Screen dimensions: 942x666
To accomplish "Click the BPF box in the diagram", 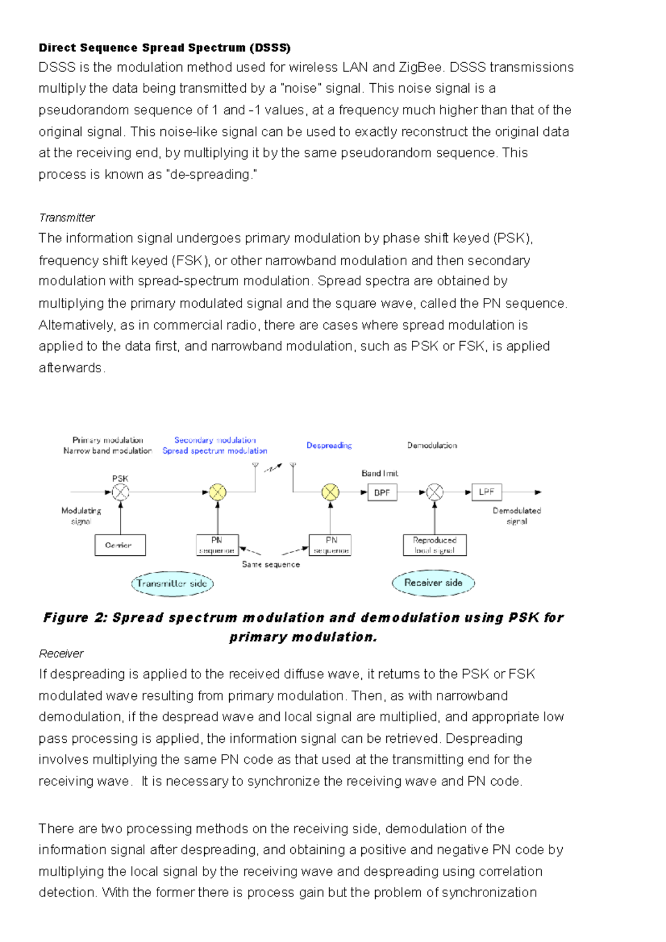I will [x=382, y=492].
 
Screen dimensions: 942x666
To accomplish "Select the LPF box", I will [x=486, y=492].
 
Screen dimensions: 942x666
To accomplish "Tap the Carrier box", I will [x=120, y=545].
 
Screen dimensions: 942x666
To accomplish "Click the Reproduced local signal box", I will [x=435, y=545].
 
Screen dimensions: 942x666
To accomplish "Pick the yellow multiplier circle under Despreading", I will [x=330, y=492].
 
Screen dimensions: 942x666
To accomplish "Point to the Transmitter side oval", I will [x=172, y=584].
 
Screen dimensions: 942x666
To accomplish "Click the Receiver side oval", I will [x=433, y=583].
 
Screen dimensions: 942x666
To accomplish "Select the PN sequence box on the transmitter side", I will [x=217, y=545].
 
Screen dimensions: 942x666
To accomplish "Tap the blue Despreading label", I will [x=329, y=445].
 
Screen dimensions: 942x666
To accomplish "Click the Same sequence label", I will [x=271, y=564].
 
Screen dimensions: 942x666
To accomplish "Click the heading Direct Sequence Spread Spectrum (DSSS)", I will [x=164, y=48].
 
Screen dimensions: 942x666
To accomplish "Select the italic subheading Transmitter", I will [x=67, y=217].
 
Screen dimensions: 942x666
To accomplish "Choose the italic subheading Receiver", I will [x=61, y=654].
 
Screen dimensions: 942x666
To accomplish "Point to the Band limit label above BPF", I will [x=380, y=473].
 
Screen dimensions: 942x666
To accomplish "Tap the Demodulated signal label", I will [x=517, y=516].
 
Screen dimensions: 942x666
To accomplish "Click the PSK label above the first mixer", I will [x=120, y=478].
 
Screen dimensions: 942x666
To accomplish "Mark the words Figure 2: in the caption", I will [x=75, y=618].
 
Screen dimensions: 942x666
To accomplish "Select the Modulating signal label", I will [x=81, y=516].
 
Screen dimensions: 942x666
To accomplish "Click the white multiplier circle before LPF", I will [x=435, y=492].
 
